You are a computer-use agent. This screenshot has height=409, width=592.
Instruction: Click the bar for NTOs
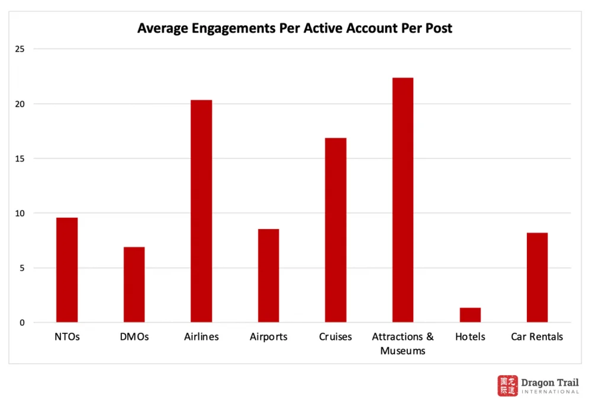[67, 270]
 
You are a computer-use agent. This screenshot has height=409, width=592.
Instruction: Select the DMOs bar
[134, 285]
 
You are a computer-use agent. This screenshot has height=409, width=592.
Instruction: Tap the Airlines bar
[201, 211]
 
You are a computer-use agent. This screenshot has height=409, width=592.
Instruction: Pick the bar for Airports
[268, 276]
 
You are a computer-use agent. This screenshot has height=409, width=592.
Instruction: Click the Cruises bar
[336, 230]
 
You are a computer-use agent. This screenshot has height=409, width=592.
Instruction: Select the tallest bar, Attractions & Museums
[403, 200]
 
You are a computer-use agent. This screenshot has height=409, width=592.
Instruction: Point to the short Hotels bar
[470, 315]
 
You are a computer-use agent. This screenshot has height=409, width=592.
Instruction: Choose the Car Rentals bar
[537, 278]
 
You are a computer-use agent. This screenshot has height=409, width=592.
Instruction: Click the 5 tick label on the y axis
[22, 268]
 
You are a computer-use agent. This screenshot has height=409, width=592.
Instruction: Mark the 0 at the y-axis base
[22, 323]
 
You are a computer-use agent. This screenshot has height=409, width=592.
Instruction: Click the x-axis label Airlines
[201, 337]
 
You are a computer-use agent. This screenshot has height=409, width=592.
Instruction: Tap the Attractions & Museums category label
[403, 343]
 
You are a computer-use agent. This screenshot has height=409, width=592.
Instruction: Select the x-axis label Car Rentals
[537, 337]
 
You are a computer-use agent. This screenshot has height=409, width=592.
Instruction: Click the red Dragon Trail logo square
[507, 385]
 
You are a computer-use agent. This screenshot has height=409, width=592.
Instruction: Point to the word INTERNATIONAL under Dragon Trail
[550, 392]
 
